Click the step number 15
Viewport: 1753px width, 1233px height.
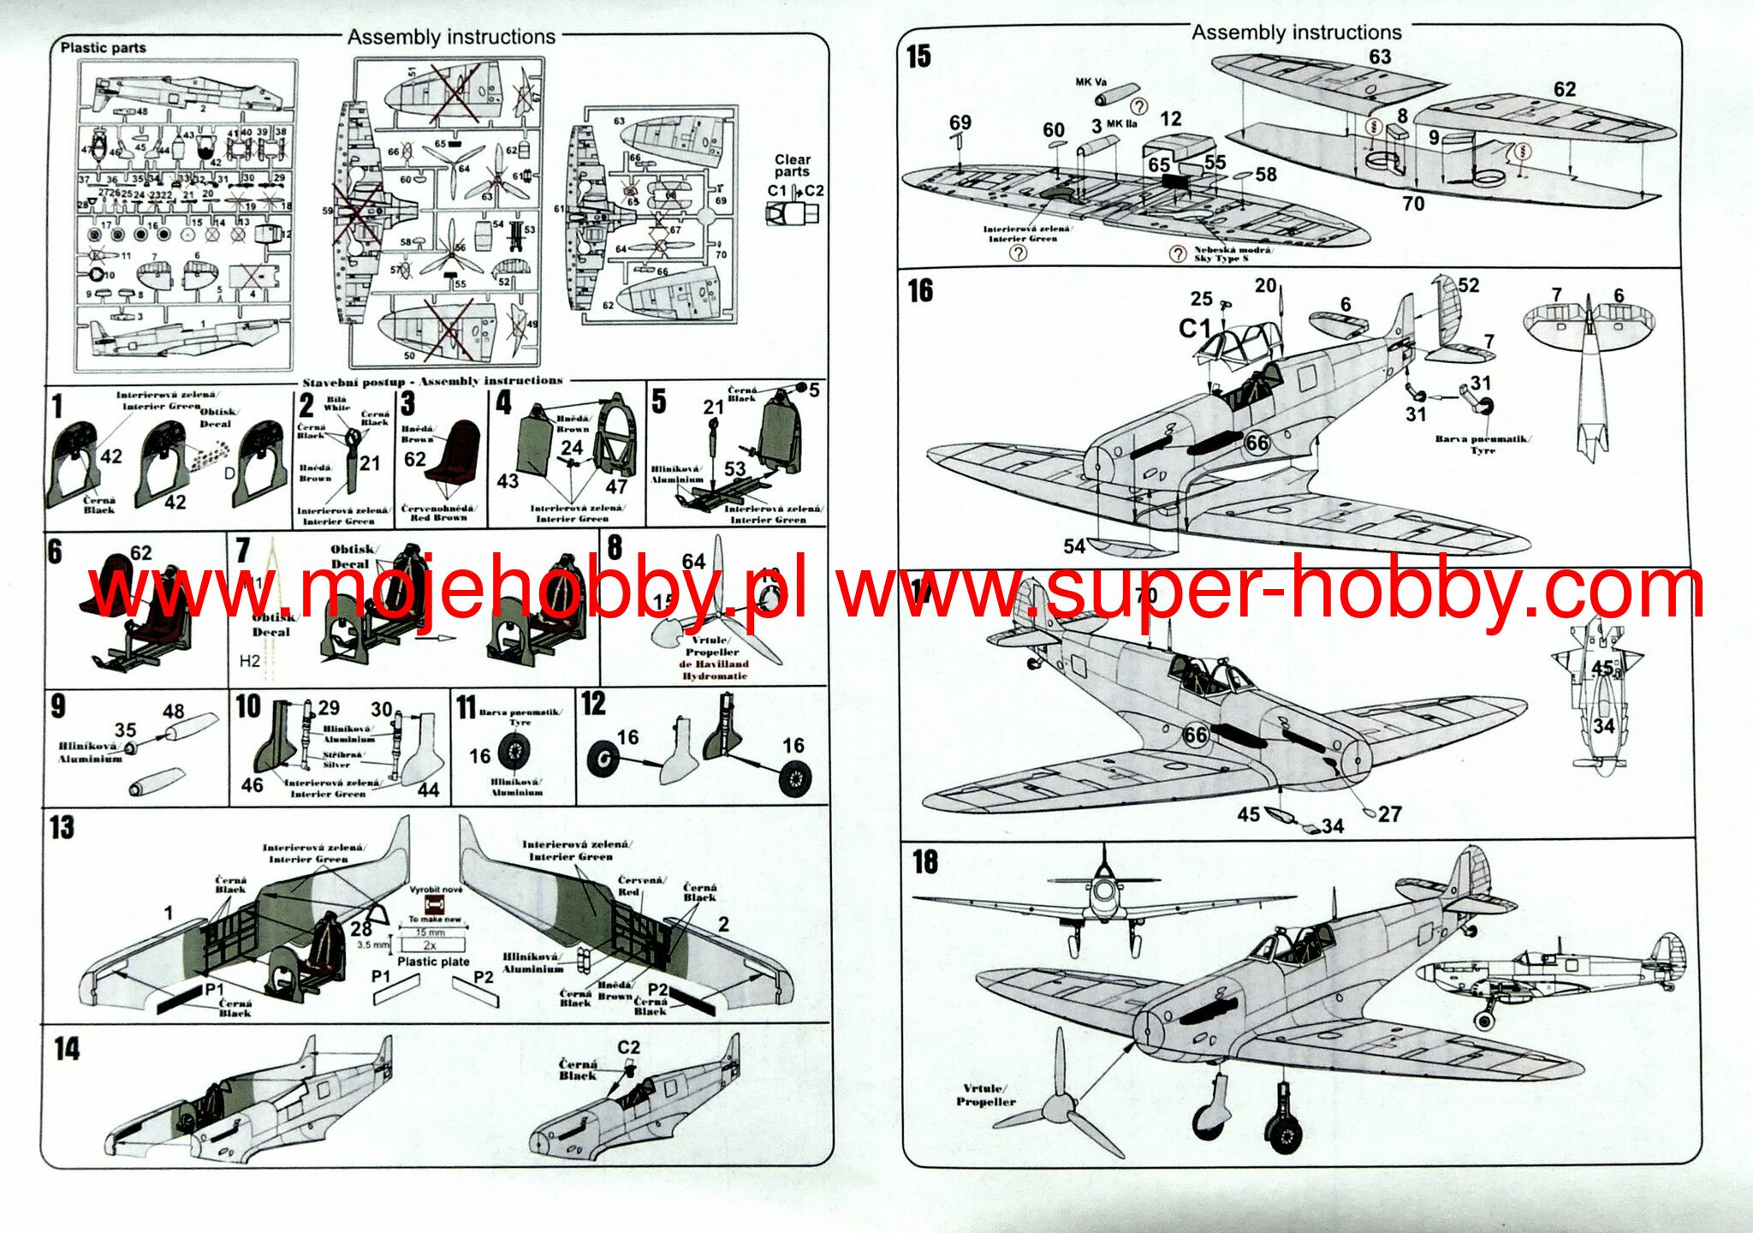pyautogui.click(x=918, y=57)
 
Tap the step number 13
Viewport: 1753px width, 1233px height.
pyautogui.click(x=62, y=828)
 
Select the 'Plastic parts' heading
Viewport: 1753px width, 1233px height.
pyautogui.click(x=103, y=48)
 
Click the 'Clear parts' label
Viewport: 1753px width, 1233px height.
pyautogui.click(x=793, y=165)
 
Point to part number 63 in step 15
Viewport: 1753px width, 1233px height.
pyautogui.click(x=1380, y=57)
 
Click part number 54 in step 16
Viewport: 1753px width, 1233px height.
pyautogui.click(x=1074, y=545)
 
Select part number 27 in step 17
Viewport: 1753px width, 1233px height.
pyautogui.click(x=1390, y=813)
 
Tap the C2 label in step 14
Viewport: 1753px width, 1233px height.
pyautogui.click(x=628, y=1047)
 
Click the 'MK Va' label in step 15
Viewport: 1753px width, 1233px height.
pyautogui.click(x=1091, y=82)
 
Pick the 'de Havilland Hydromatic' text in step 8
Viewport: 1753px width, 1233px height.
pyautogui.click(x=714, y=670)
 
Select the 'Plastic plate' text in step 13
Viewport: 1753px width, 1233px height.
pyautogui.click(x=432, y=962)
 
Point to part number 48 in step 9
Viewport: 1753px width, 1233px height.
pyautogui.click(x=173, y=711)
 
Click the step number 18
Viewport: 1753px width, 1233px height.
pyautogui.click(x=925, y=861)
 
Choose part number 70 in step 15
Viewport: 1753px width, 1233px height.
pyautogui.click(x=1413, y=203)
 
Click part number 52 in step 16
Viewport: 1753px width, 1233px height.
pyautogui.click(x=1469, y=285)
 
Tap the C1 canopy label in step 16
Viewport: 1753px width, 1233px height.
pyautogui.click(x=1195, y=328)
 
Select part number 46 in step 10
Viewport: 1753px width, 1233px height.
pyautogui.click(x=252, y=784)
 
